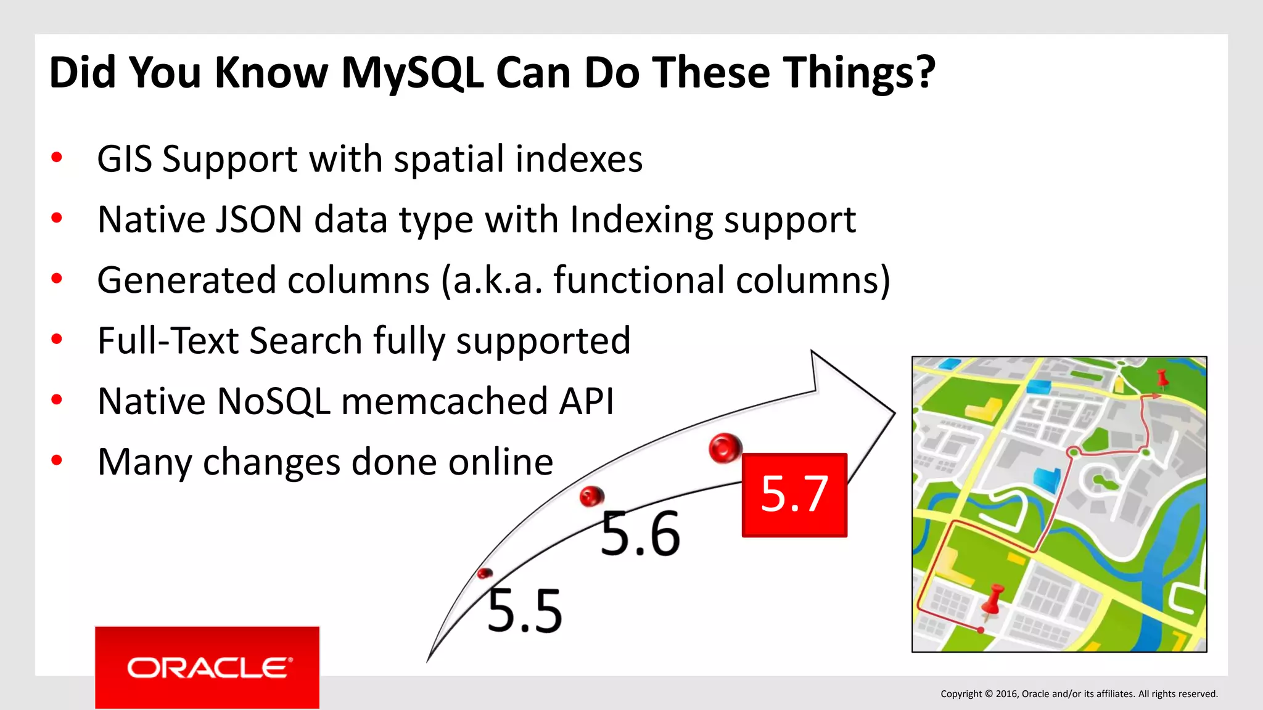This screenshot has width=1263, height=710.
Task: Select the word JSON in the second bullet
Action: [259, 219]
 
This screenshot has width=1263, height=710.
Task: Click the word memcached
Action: [443, 401]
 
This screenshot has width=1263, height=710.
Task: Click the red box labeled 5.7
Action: [794, 495]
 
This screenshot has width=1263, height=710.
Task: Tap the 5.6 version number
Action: [640, 534]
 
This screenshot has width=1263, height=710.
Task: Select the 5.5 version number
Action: [525, 611]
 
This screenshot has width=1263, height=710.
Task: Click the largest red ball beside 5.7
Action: [725, 447]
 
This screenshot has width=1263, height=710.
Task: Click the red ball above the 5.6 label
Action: [591, 496]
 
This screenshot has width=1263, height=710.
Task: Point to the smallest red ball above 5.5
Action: [485, 574]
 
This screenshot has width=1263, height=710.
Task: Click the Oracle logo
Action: [207, 667]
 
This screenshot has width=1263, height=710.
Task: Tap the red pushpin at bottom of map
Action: [993, 600]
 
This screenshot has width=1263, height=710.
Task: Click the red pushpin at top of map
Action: [1162, 378]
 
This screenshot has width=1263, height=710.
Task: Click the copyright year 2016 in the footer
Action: [1006, 694]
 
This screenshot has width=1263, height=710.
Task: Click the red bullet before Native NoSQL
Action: [57, 401]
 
